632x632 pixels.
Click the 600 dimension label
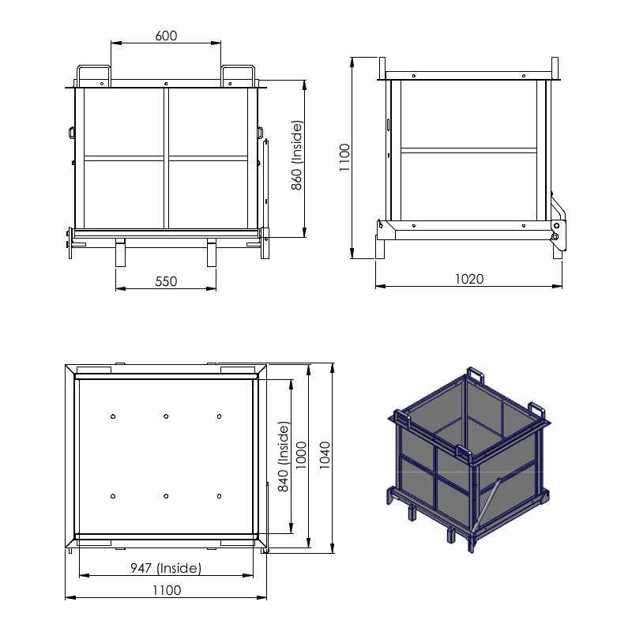[x=166, y=36]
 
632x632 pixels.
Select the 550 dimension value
[x=166, y=281]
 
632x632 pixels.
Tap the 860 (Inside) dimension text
[x=297, y=155]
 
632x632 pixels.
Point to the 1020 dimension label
[x=469, y=279]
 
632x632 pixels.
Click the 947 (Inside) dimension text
[x=166, y=568]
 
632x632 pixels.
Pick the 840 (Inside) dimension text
[x=284, y=457]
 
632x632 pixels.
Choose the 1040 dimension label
[x=325, y=456]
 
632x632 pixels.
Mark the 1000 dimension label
[x=301, y=456]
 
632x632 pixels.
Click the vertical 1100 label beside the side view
[x=344, y=157]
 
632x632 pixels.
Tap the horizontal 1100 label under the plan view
[x=167, y=590]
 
